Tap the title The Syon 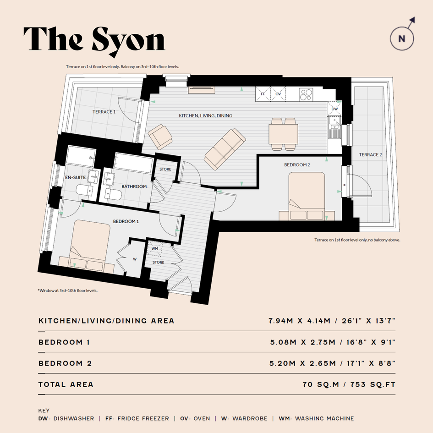point(94,40)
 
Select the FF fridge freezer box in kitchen point(263,94)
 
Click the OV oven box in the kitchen point(278,94)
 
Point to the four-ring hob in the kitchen point(306,94)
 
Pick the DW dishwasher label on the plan point(334,109)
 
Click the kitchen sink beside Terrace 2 point(334,127)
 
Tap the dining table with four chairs point(283,134)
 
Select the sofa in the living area point(225,149)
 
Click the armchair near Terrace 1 point(160,137)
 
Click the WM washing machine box point(155,248)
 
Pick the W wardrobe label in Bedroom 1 point(135,259)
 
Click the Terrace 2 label point(370,155)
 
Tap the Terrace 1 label point(104,111)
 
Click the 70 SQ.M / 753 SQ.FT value point(349,384)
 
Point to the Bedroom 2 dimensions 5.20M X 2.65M point(303,363)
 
